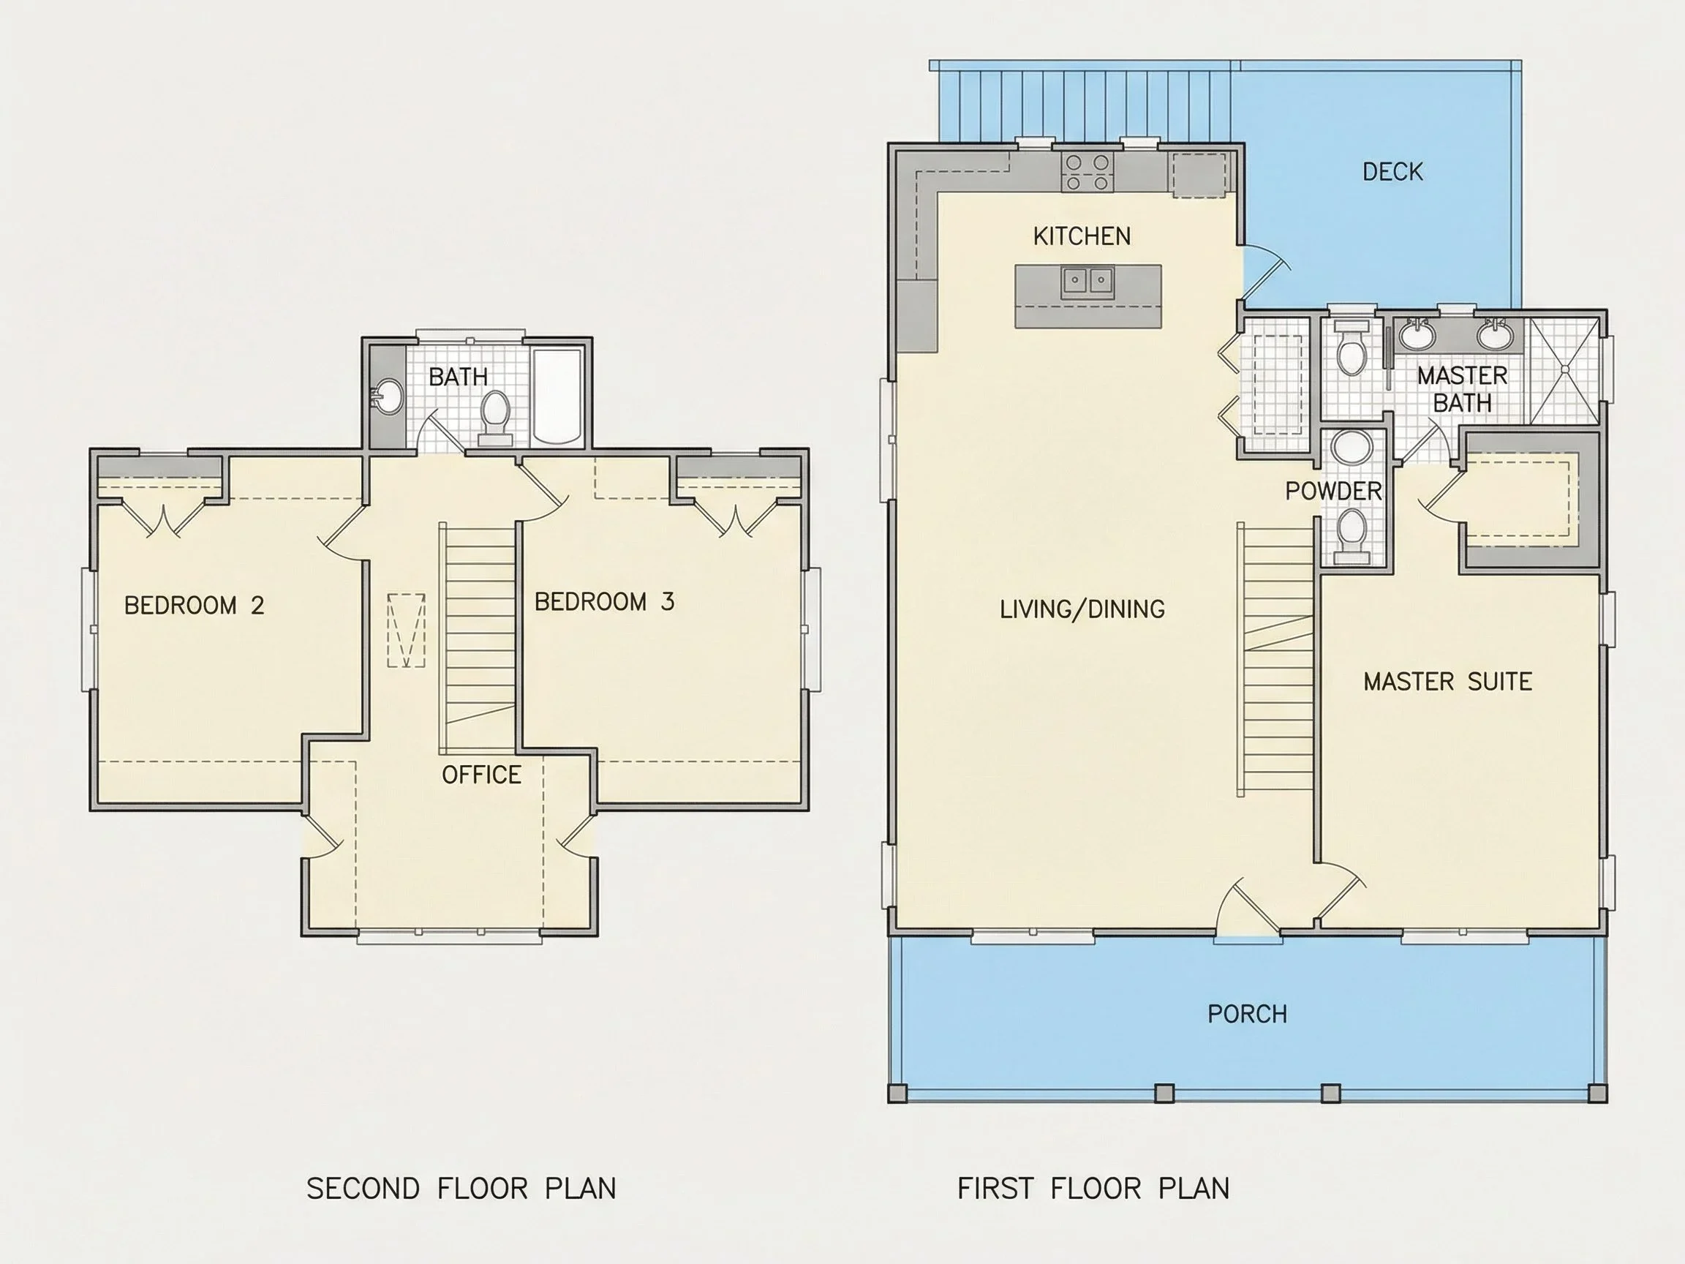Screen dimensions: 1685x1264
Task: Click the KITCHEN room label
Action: click(1082, 236)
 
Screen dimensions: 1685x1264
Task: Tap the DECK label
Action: click(1392, 172)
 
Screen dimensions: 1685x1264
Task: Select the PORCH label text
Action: click(1247, 1014)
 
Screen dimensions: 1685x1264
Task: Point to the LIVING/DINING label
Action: click(1082, 609)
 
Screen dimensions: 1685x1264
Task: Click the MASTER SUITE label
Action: click(1447, 681)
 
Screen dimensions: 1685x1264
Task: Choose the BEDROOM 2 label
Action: click(195, 606)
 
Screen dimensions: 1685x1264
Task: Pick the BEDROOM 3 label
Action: click(604, 602)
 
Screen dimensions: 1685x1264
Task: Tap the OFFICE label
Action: click(481, 775)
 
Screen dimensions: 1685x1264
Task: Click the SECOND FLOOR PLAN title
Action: click(461, 1189)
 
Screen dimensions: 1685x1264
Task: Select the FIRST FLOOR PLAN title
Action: click(1093, 1189)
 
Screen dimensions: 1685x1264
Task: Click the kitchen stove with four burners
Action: click(1087, 172)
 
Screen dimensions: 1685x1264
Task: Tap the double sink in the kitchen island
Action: click(1087, 281)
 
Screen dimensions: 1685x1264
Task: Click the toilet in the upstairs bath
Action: click(495, 417)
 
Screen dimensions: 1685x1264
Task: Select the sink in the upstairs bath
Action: click(388, 397)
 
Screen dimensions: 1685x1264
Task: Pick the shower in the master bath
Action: click(1564, 369)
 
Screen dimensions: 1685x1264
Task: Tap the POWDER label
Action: click(1333, 492)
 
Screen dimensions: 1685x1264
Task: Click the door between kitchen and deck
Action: click(1264, 271)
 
